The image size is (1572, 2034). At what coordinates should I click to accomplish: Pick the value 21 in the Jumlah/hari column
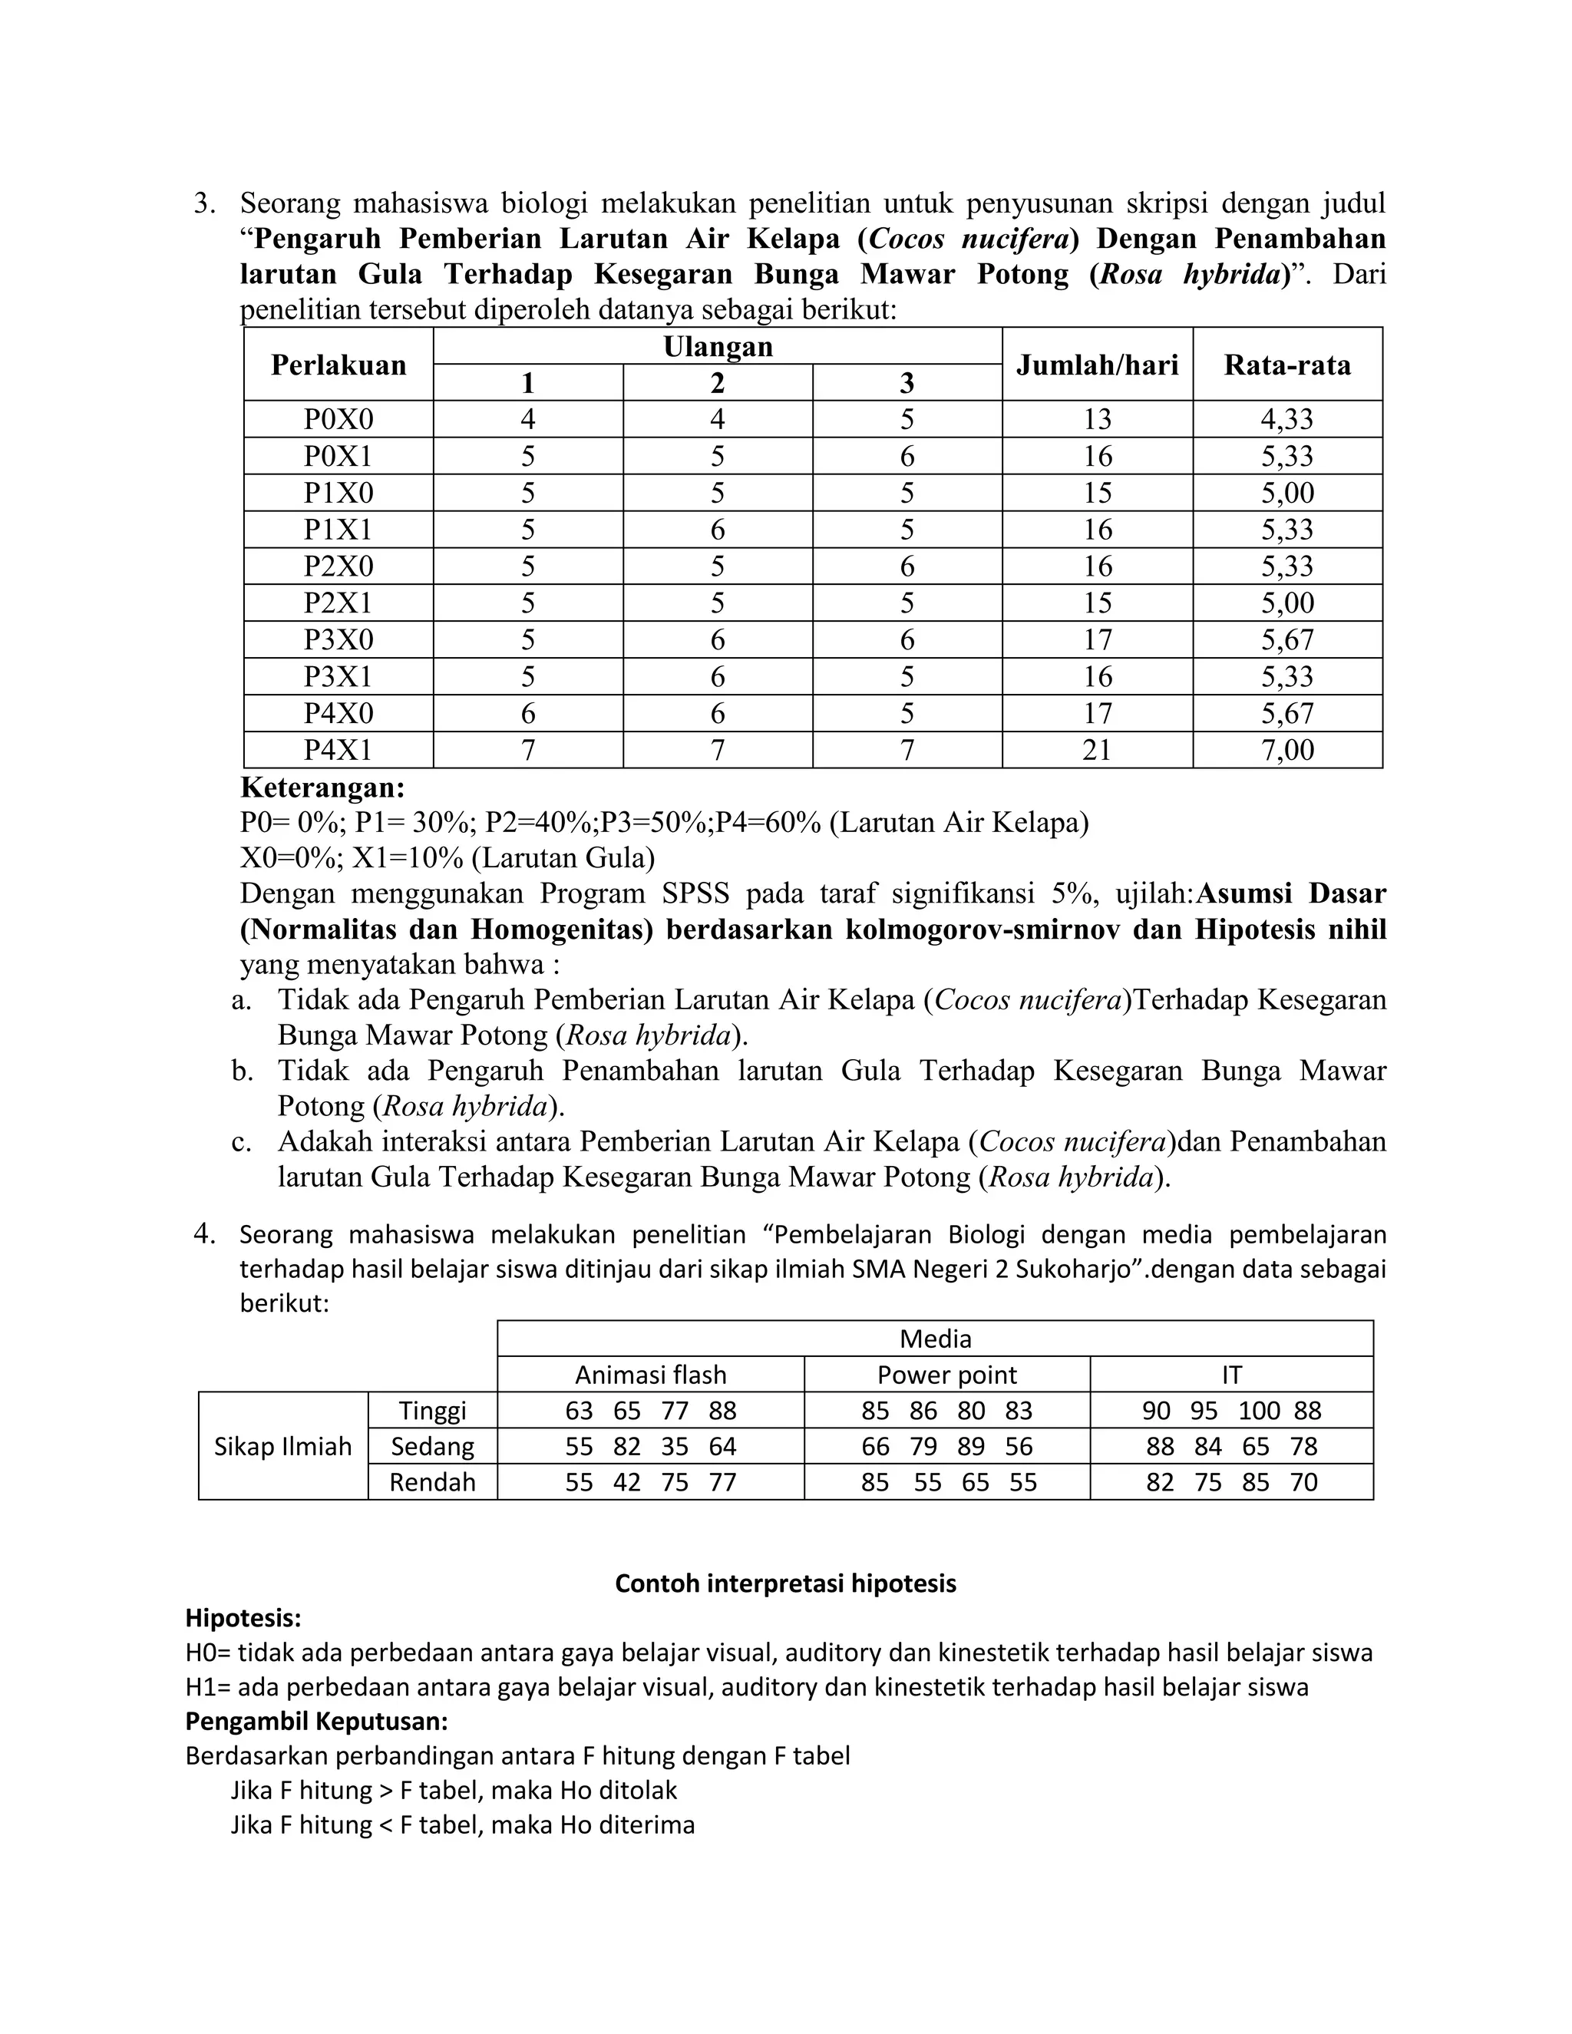1097,750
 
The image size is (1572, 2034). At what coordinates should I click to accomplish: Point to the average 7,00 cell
1287,750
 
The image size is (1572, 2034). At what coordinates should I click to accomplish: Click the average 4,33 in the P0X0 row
1287,419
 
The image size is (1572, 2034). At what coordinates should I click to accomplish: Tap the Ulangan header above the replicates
717,346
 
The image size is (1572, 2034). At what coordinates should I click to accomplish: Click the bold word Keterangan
322,788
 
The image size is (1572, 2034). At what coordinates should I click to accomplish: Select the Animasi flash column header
650,1375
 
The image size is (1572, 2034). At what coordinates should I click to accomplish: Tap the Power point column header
947,1375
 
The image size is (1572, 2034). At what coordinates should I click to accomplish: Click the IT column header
1231,1375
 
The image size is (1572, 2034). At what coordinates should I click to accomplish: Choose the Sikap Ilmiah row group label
283,1446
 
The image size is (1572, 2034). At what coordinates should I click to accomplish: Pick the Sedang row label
432,1446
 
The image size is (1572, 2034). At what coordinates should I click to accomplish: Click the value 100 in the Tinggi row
1259,1411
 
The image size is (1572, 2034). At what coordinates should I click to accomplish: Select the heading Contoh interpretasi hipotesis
785,1583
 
